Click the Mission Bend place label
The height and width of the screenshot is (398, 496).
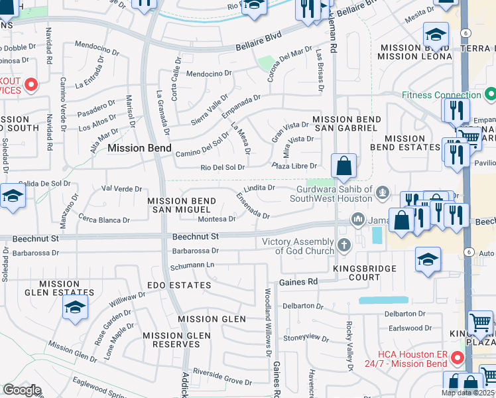pos(139,148)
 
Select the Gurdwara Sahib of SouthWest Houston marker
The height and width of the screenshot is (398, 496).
pos(381,194)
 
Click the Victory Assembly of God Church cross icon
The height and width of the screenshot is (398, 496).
pos(343,245)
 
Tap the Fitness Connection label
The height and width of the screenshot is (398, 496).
pos(439,95)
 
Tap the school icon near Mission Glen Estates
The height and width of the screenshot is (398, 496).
pos(75,307)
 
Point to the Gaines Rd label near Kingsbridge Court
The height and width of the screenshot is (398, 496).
pos(298,282)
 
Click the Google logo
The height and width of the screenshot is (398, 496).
pos(23,390)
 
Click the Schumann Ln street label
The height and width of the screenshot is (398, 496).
pos(193,265)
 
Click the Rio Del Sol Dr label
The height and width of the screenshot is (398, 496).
pos(223,167)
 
